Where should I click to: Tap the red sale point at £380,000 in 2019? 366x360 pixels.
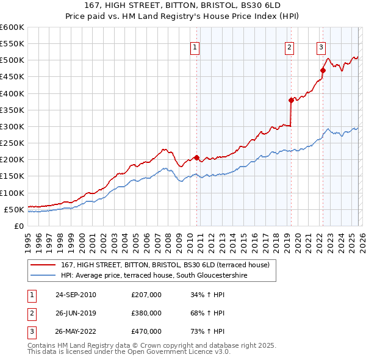coord(291,101)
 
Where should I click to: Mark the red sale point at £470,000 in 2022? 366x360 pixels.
coord(323,71)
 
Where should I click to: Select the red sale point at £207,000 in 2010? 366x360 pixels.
coord(196,157)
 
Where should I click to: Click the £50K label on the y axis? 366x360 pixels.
coord(14,209)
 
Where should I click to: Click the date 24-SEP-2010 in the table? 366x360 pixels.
coord(76,295)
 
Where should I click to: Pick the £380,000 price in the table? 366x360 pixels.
coord(146,313)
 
